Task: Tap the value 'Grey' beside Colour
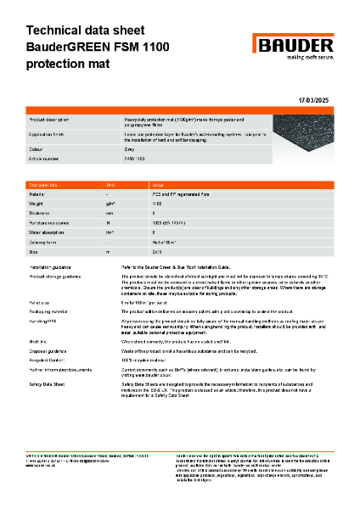(x=131, y=149)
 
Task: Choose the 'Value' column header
(x=158, y=184)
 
